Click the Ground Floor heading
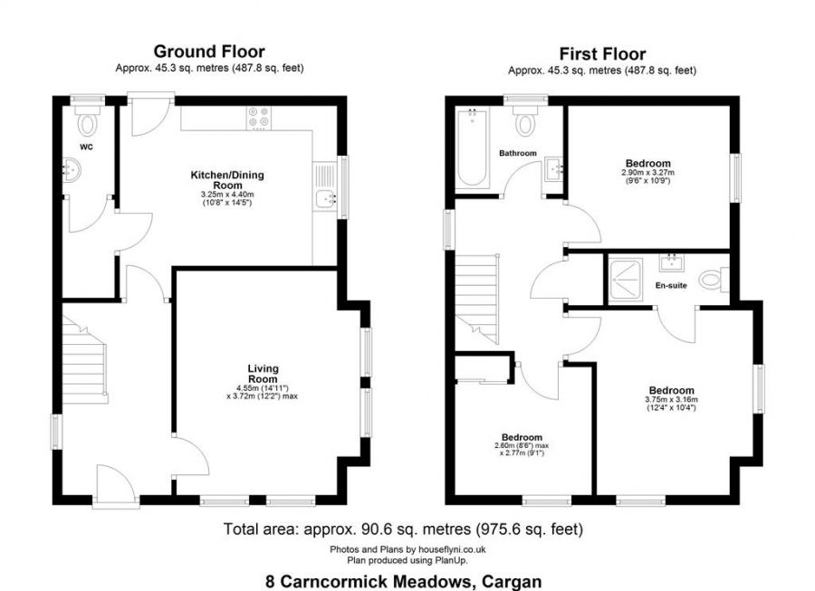click(208, 52)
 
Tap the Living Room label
click(264, 374)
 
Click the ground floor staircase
click(84, 363)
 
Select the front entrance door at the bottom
click(115, 485)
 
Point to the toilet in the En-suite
click(715, 281)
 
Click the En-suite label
click(671, 285)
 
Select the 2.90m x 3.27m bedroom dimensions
click(647, 176)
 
